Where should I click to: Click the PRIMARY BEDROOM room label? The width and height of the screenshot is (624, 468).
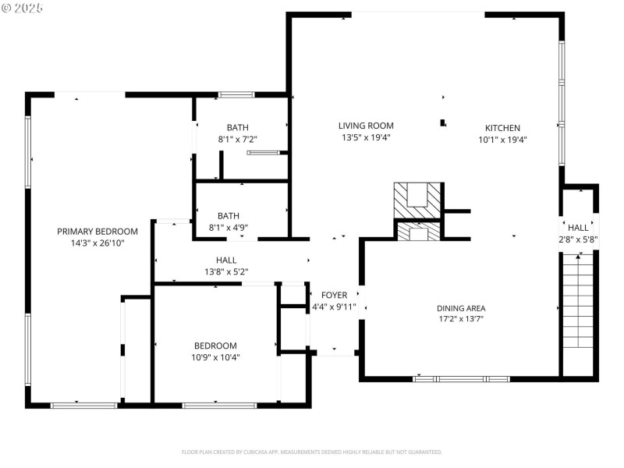click(x=97, y=232)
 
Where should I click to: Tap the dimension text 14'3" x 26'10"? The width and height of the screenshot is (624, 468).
click(x=97, y=243)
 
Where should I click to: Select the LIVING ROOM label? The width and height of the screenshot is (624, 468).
click(x=366, y=126)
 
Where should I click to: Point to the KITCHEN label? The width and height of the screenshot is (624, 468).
click(x=502, y=128)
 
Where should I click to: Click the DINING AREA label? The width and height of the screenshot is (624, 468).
click(x=461, y=308)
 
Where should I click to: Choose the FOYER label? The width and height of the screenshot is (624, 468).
click(x=334, y=295)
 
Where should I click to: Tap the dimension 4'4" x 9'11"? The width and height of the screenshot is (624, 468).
click(x=334, y=307)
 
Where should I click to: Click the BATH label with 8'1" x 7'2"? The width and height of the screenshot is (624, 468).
click(x=238, y=128)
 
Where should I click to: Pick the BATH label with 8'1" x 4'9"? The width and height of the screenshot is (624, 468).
click(x=229, y=216)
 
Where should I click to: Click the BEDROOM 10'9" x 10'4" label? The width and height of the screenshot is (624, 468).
click(x=215, y=346)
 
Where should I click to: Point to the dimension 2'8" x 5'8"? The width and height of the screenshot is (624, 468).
click(x=578, y=239)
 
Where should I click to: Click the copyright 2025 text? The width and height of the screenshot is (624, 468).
click(x=23, y=7)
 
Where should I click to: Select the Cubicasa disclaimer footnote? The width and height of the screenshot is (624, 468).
click(x=312, y=452)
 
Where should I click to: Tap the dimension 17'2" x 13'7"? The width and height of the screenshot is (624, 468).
click(x=461, y=319)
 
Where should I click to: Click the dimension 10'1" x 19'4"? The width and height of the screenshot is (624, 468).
click(x=502, y=140)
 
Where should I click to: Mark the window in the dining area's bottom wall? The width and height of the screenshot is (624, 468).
click(x=461, y=379)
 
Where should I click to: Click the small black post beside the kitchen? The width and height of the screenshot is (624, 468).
click(x=443, y=122)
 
